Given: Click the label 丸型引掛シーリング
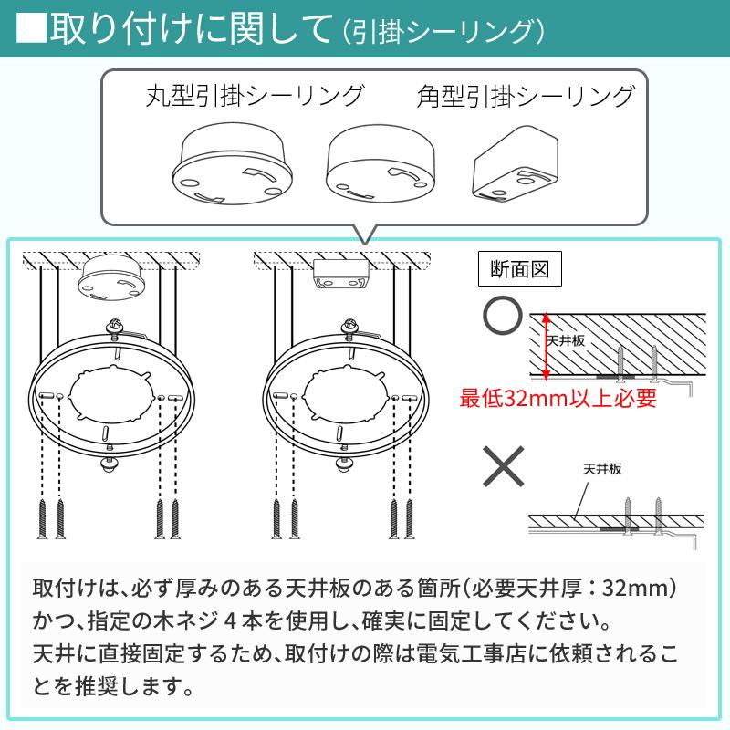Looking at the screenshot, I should tap(255, 95).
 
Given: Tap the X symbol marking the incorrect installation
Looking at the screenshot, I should tap(502, 469).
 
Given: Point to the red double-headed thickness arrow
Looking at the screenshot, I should tap(546, 347).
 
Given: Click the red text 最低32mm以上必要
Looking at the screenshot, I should tap(558, 398).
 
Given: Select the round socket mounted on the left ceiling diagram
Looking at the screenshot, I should tap(110, 277).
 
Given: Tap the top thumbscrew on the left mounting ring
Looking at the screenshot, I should tap(116, 326).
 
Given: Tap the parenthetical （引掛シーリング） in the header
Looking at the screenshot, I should tap(443, 30).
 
